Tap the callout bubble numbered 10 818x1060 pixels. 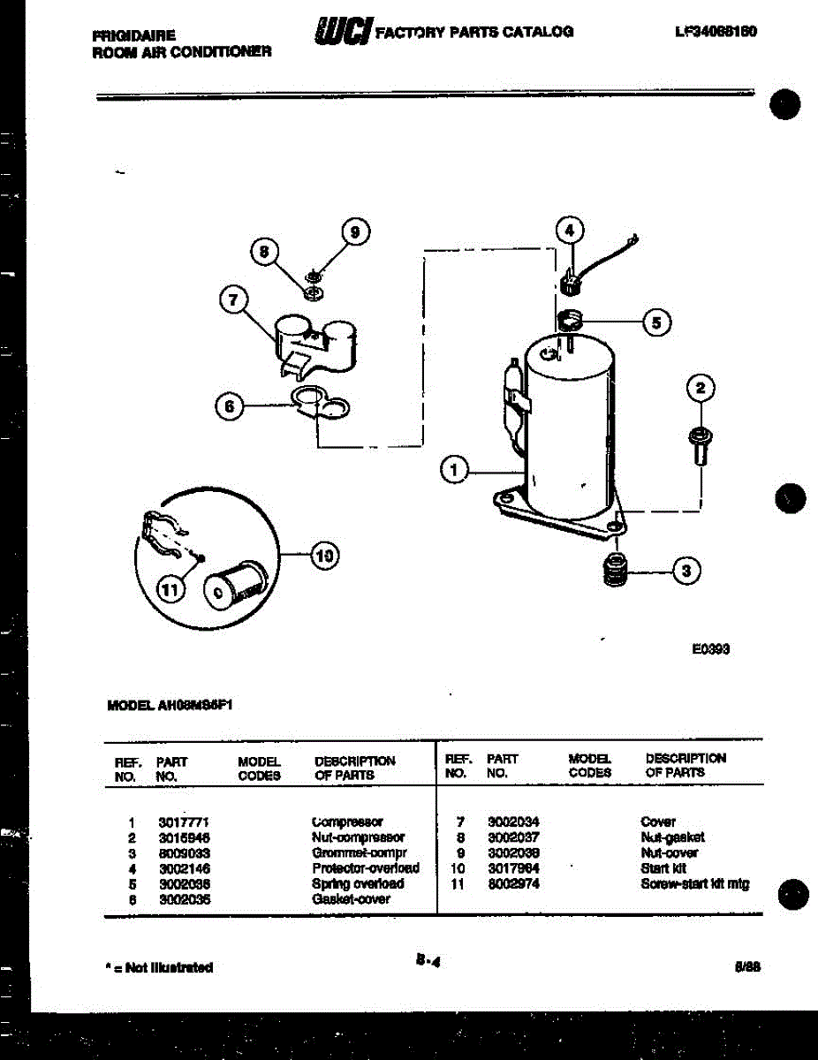pyautogui.click(x=324, y=555)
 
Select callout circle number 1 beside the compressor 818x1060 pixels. pyautogui.click(x=454, y=471)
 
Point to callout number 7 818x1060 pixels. pyautogui.click(x=232, y=300)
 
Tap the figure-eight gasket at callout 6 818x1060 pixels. pyautogui.click(x=318, y=403)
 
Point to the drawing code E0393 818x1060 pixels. pyautogui.click(x=710, y=648)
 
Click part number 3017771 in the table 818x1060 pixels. pyautogui.click(x=183, y=821)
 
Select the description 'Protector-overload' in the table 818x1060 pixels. pyautogui.click(x=366, y=868)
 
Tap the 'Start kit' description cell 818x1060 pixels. pyautogui.click(x=663, y=868)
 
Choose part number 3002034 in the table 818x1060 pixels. pyautogui.click(x=513, y=821)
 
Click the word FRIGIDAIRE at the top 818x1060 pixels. pyautogui.click(x=133, y=35)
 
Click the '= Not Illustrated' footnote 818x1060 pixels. pyautogui.click(x=159, y=967)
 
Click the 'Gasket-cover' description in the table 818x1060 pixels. pyautogui.click(x=351, y=899)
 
